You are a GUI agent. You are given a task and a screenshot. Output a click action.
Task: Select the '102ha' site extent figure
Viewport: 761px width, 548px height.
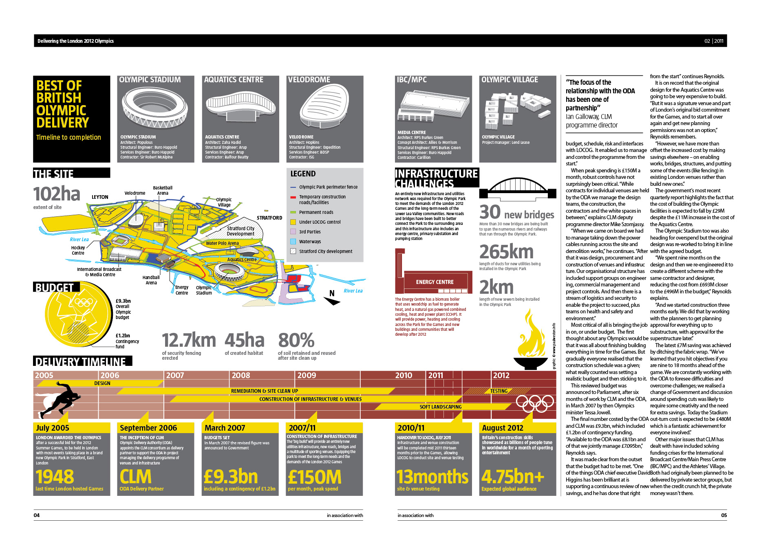pos(57,194)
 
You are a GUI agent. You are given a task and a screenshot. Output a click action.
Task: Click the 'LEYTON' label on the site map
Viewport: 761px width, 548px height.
pos(100,197)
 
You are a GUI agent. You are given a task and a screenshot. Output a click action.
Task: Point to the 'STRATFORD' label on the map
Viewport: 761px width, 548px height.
pos(269,218)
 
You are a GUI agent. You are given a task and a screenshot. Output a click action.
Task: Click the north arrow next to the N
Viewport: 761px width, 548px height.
pos(332,301)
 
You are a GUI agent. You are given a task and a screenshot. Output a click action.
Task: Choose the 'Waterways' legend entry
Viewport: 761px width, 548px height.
pos(310,242)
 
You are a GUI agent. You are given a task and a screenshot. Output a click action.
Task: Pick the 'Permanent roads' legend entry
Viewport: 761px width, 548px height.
pos(316,212)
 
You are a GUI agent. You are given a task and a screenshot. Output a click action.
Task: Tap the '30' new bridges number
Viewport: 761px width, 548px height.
pos(490,212)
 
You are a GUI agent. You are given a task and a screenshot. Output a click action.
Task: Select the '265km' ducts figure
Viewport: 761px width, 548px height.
pos(506,252)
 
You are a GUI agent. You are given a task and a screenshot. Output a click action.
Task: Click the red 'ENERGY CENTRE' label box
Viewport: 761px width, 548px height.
pos(435,282)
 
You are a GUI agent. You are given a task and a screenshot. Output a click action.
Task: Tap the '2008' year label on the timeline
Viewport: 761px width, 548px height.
pos(240,375)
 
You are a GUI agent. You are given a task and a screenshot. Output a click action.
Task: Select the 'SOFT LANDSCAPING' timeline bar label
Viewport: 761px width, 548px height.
pos(440,407)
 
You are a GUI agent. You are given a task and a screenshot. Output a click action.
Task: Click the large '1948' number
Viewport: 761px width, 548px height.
pos(55,477)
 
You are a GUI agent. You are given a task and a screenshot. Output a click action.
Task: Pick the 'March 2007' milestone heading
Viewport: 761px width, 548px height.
pos(225,428)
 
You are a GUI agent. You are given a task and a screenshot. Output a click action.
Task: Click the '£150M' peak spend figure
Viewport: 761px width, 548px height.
pos(314,477)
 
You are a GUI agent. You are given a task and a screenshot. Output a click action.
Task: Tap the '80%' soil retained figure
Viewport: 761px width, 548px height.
pos(296,341)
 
